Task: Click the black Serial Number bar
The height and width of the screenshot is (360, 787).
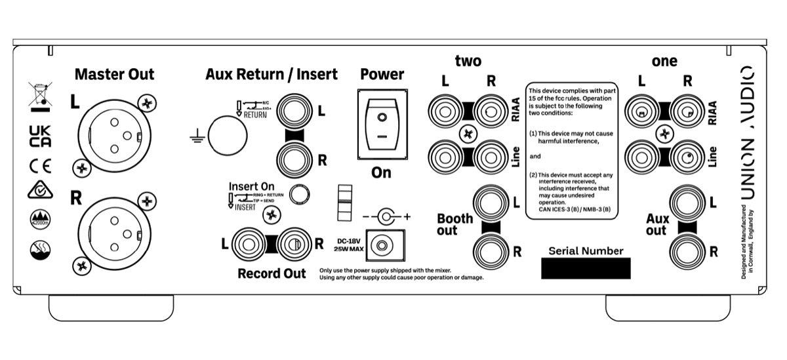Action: (585, 268)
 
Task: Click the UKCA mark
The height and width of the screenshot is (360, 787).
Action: (40, 136)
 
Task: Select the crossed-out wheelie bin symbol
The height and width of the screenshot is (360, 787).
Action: (40, 95)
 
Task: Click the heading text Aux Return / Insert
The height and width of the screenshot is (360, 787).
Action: (272, 74)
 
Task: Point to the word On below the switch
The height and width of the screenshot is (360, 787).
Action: (381, 173)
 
